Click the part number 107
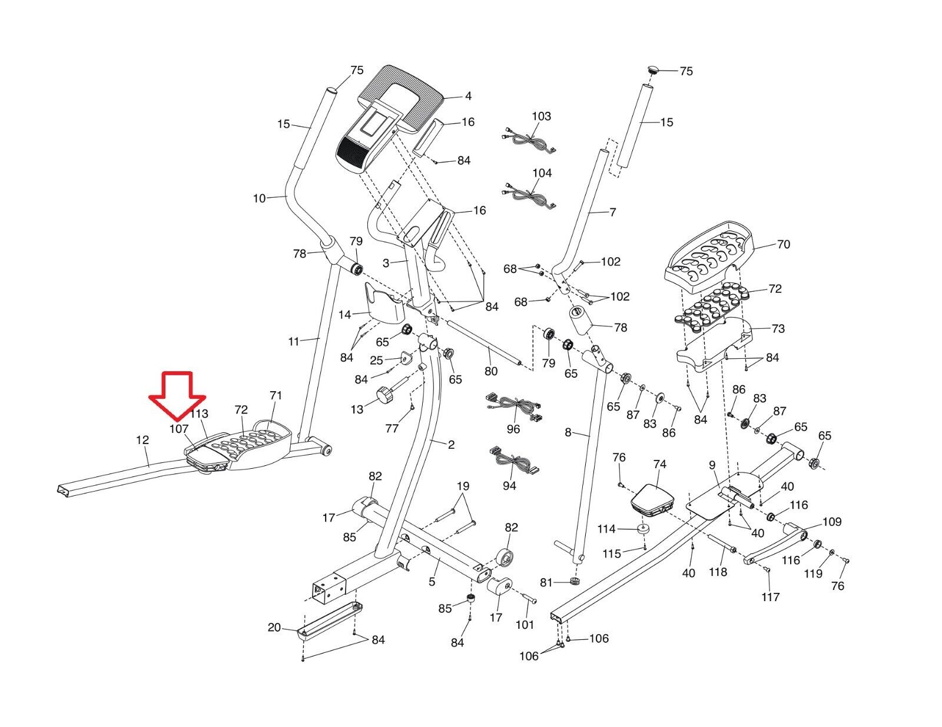(x=178, y=429)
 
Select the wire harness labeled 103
(x=528, y=141)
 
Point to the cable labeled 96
(x=514, y=406)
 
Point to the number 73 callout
(x=778, y=328)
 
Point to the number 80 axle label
(x=490, y=371)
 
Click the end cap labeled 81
(x=574, y=582)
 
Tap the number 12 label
(x=142, y=440)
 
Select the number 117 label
(x=770, y=597)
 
